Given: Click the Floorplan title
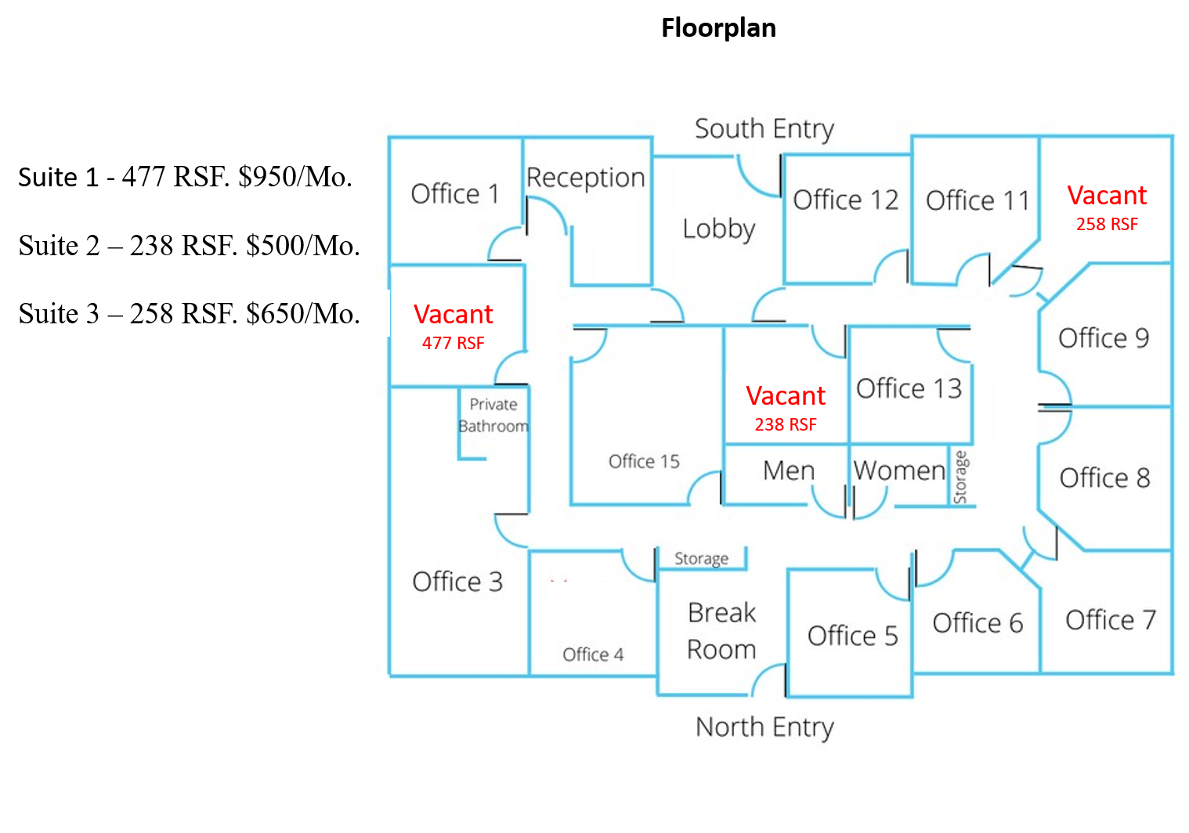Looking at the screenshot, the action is tap(719, 28).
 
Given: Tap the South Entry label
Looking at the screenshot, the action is tap(764, 129).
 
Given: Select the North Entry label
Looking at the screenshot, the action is tap(764, 727).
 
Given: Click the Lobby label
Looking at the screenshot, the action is tap(719, 229).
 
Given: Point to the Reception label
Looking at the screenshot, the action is tap(585, 178).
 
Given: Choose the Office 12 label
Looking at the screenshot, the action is tap(846, 200).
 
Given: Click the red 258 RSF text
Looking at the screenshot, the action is tap(1107, 225).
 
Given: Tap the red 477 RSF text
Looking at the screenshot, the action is tap(453, 343).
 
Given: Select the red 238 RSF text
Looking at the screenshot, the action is tap(786, 424).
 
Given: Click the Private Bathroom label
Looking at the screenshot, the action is tap(493, 415).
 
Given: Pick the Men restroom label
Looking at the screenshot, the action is tap(788, 471).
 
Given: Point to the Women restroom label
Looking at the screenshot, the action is tap(899, 471).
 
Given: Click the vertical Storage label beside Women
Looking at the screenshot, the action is tap(961, 477).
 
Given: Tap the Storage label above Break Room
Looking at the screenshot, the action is tap(701, 559).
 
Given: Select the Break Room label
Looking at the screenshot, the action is tap(721, 631).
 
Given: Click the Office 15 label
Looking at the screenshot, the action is tap(644, 462).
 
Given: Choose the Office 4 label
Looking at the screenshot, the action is tap(593, 654).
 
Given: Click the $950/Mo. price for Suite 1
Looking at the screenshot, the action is tap(295, 177).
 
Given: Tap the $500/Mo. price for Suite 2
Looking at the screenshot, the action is tap(303, 246).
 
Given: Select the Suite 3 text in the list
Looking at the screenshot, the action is tap(59, 314).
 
